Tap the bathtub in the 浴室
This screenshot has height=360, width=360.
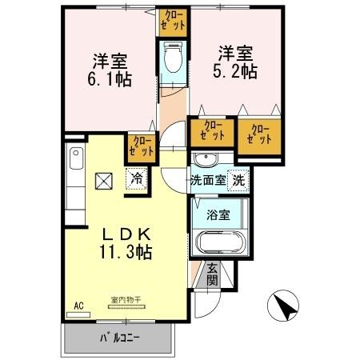tap(218, 242)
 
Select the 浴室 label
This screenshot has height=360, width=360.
tap(218, 214)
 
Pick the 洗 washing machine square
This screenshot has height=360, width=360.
tap(238, 180)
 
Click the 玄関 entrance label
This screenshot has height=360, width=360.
tap(212, 274)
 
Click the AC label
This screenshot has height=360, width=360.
tap(78, 306)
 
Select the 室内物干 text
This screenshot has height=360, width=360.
tap(125, 301)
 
